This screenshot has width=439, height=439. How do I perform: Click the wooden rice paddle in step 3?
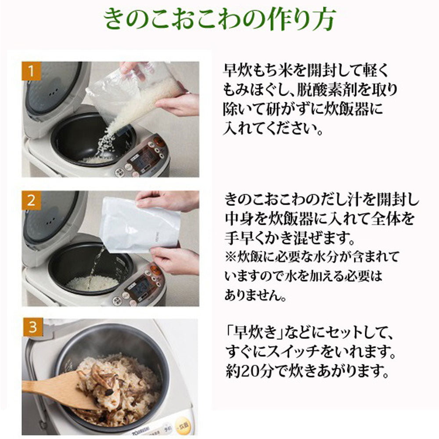[x=57, y=386]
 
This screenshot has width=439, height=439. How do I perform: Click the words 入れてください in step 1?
[x=272, y=130]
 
